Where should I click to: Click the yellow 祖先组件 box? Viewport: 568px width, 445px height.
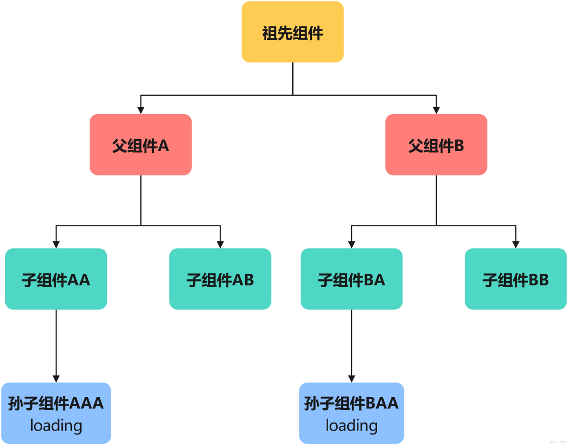[293, 32]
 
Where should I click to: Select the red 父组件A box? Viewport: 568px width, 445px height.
[141, 144]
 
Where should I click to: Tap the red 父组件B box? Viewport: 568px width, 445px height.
[436, 144]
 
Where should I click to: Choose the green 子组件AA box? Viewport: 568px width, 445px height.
[56, 279]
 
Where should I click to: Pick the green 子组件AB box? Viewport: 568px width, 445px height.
[220, 279]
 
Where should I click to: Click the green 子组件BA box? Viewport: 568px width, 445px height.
[352, 279]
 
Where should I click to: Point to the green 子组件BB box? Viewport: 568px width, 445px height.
[516, 279]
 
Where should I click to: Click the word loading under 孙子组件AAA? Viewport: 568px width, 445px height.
[56, 425]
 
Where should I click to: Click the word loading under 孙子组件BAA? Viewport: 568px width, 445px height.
[352, 425]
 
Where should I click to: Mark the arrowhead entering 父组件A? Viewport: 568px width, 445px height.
[141, 110]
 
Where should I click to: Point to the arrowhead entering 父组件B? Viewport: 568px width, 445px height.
[436, 110]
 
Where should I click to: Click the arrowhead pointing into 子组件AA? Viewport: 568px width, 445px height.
[56, 245]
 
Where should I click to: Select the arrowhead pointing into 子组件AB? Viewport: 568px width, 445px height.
[220, 245]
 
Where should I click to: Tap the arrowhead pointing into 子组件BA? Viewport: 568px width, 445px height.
[352, 245]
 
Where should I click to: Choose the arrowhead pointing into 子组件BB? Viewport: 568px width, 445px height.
[516, 245]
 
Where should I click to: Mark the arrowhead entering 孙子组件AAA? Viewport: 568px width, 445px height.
[56, 379]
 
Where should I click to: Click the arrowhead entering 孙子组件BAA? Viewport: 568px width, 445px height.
[352, 379]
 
